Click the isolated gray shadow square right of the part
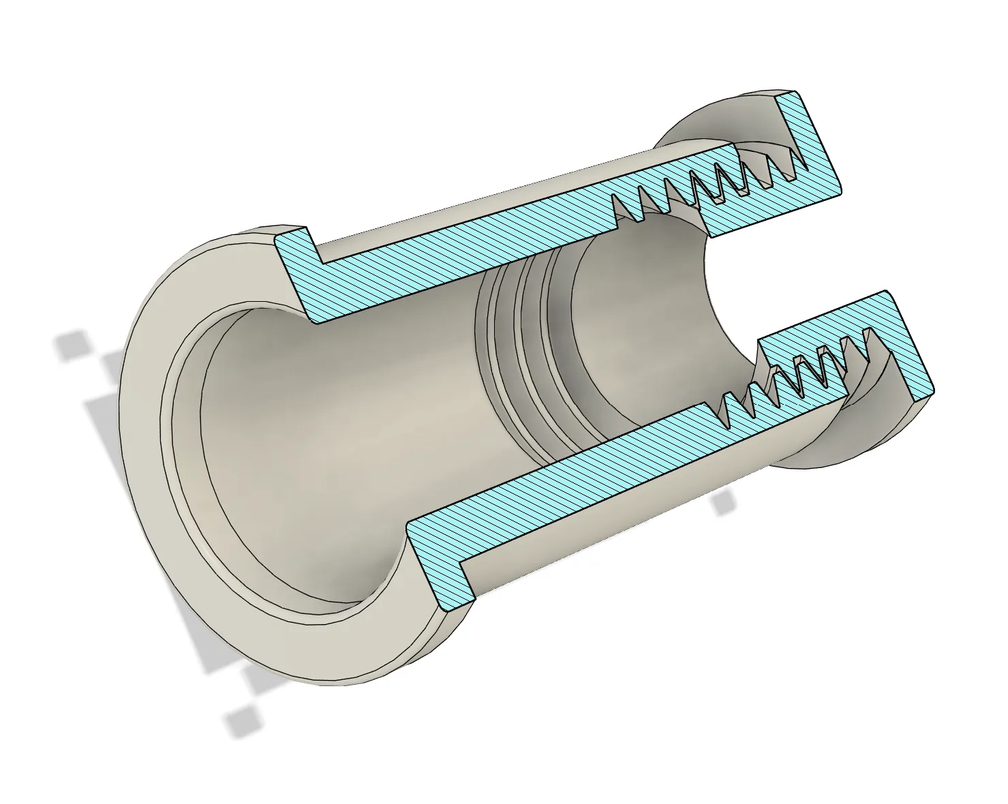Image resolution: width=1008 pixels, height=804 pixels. [723, 503]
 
